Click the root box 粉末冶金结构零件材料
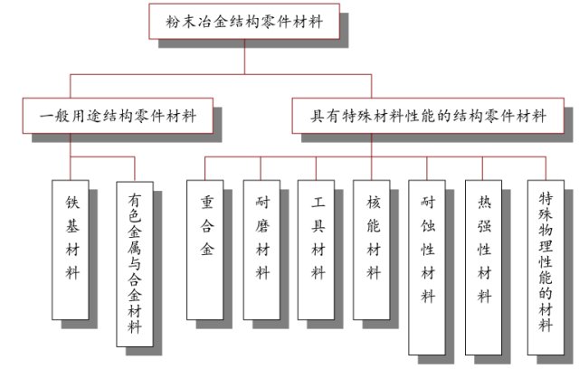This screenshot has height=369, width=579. tap(245, 20)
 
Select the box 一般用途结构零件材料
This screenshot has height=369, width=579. tap(119, 118)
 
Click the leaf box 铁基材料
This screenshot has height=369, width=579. tap(72, 248)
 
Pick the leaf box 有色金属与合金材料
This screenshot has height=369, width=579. tap(135, 263)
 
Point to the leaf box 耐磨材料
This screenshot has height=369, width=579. tap(262, 248)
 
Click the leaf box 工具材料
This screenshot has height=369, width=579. tap(318, 248)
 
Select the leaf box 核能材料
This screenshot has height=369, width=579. tap(374, 248)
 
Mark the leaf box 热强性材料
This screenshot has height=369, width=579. tap(484, 263)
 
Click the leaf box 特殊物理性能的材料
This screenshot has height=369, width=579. tap(546, 263)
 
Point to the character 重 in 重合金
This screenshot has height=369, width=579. tap(206, 200)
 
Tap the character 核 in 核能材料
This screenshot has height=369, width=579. tap(374, 200)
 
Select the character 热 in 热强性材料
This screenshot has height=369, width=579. tap(484, 200)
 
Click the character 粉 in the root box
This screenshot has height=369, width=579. tap(174, 20)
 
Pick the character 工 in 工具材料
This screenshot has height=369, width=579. tap(318, 200)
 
